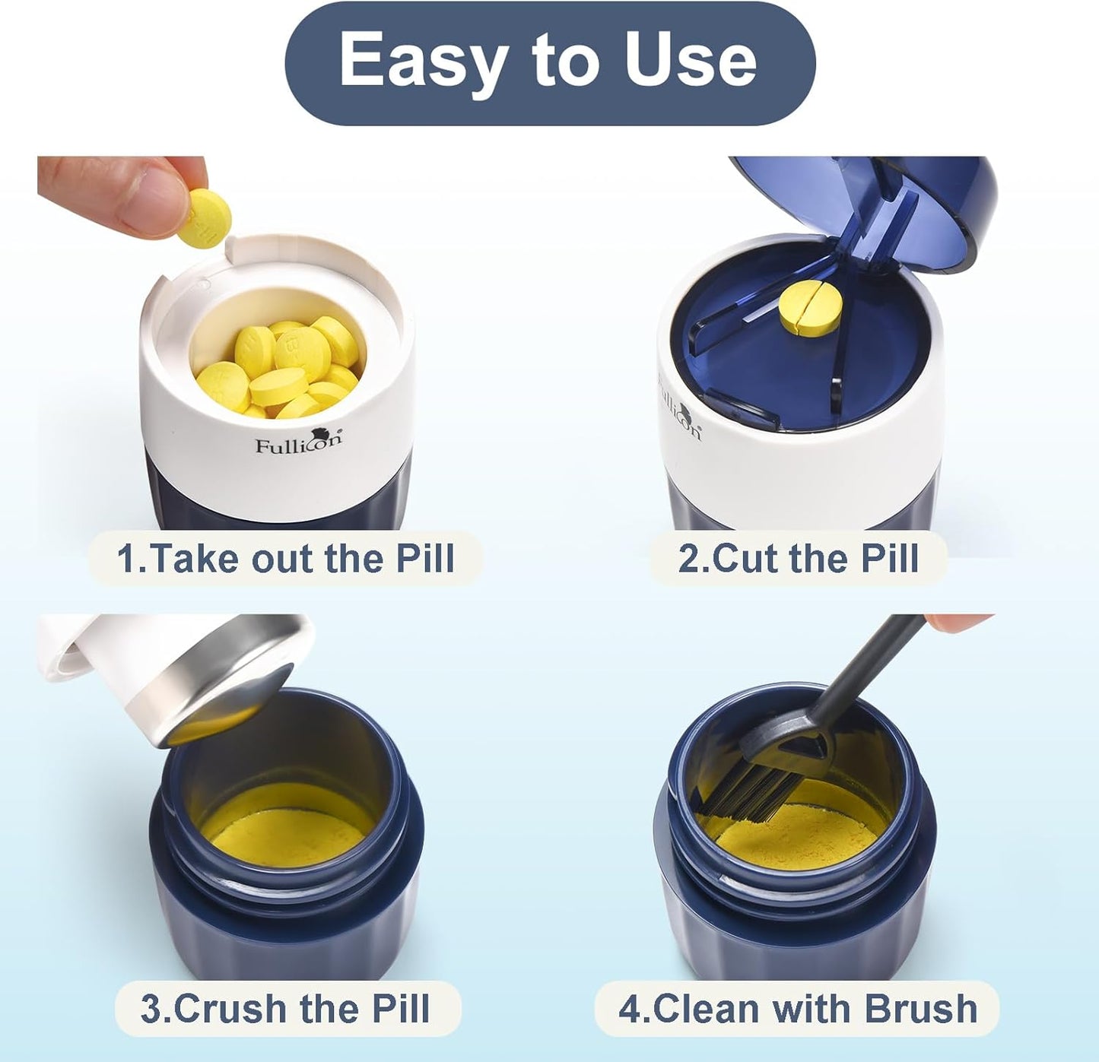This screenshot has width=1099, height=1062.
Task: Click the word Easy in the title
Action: pyautogui.click(x=418, y=61)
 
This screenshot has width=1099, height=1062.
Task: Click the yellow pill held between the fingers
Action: pyautogui.click(x=205, y=217)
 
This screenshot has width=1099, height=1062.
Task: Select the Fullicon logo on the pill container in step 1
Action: pyautogui.click(x=298, y=442)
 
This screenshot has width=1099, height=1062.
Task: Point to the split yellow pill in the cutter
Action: pyautogui.click(x=809, y=307)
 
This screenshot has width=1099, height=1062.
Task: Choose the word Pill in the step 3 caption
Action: pyautogui.click(x=400, y=1009)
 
